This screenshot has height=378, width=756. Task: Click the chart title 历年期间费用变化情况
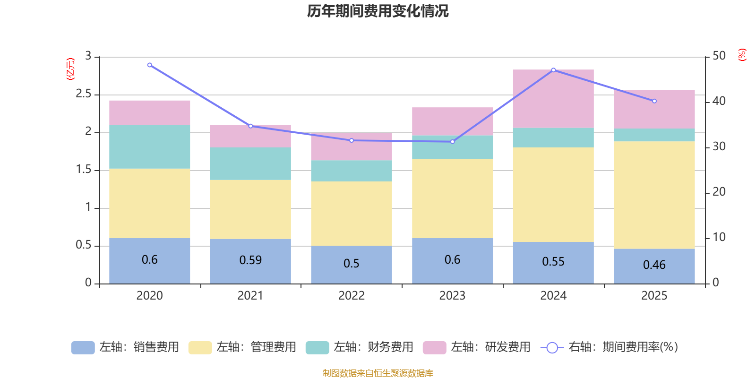coord(378,11)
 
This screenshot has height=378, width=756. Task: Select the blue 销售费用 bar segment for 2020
coord(149,261)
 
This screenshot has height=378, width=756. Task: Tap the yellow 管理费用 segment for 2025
coord(654,195)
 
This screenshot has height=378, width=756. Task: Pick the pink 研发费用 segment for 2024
coord(553,99)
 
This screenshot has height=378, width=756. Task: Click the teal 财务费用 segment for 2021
coord(250,163)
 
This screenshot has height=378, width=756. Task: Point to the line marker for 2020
coord(150,65)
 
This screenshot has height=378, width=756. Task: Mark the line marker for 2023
coord(453,142)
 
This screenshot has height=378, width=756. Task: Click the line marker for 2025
coord(654,101)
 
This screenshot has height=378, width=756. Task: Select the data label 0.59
coord(250,260)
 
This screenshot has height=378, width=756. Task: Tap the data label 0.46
coord(654,265)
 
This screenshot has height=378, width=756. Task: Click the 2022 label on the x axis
coord(352,296)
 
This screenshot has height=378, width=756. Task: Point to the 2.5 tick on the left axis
coord(84,94)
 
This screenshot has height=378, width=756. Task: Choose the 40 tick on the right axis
coord(719,101)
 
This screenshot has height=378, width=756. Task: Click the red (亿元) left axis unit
coord(70,69)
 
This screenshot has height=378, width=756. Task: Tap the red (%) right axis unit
coord(742,55)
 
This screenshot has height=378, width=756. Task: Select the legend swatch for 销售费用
coord(83,348)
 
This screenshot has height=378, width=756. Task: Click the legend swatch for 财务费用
coord(317,348)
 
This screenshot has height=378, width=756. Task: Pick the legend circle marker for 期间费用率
coord(552,348)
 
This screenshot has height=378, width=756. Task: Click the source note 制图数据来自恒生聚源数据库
coord(378,373)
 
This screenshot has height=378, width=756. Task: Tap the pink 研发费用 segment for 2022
coord(352,146)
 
